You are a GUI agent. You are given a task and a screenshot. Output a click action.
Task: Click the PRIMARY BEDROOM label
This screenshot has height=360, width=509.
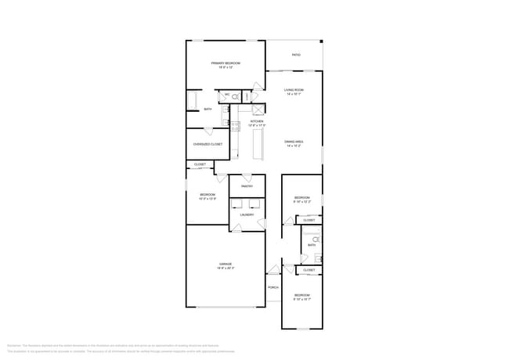pyautogui.click(x=226, y=63)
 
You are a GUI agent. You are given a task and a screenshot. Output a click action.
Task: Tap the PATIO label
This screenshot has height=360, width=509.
pyautogui.click(x=296, y=55)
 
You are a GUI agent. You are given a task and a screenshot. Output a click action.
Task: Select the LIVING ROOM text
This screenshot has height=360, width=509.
pyautogui.click(x=294, y=91)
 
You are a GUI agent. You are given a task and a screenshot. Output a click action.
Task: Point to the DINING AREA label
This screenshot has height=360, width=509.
pyautogui.click(x=294, y=142)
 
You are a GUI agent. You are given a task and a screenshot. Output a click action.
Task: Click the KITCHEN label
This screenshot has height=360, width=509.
pyautogui.click(x=257, y=122)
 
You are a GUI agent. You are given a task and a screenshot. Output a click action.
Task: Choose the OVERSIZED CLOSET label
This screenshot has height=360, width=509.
pyautogui.click(x=208, y=144)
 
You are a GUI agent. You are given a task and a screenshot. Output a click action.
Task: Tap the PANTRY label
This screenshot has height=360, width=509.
pyautogui.click(x=247, y=186)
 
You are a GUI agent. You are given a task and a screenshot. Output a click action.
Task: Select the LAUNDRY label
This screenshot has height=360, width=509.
pyautogui.click(x=247, y=214)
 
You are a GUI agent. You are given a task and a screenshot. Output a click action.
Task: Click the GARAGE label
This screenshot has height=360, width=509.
pyautogui.click(x=226, y=265)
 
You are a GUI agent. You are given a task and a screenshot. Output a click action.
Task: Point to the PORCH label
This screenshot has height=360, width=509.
pyautogui.click(x=273, y=287)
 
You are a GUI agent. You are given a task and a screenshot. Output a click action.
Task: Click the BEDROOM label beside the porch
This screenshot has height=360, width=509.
pyautogui.click(x=302, y=295)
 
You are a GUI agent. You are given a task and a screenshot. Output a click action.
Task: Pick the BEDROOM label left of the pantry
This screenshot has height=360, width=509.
pyautogui.click(x=207, y=195)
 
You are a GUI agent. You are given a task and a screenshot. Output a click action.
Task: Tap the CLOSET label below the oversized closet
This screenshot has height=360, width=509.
pyautogui.click(x=200, y=164)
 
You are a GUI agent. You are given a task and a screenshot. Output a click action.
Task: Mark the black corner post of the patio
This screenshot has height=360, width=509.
pyautogui.click(x=321, y=41)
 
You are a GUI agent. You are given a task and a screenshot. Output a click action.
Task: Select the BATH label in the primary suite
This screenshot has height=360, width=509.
pyautogui.click(x=208, y=110)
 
